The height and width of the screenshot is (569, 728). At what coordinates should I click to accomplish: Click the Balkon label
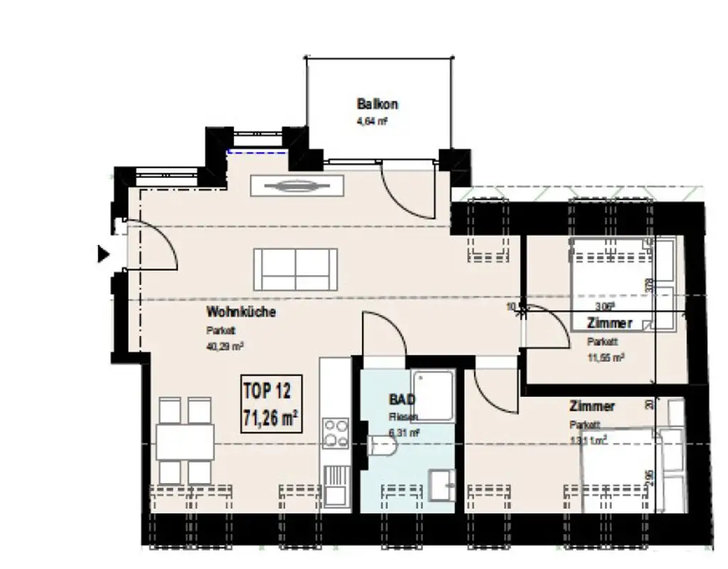pos(377,104)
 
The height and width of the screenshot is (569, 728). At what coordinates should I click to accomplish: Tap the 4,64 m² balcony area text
pos(371,121)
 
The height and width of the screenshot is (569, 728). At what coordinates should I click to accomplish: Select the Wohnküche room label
pos(241,312)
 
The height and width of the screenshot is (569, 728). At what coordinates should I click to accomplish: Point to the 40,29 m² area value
pos(225,347)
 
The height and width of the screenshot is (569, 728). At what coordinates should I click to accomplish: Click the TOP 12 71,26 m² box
pos(269,403)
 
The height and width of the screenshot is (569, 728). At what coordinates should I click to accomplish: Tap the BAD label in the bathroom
pos(402,400)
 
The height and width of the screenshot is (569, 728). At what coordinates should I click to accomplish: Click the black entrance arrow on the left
pos(104,253)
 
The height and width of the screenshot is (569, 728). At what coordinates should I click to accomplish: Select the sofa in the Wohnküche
pos(296,269)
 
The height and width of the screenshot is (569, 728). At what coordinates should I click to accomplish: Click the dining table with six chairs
pos(185,440)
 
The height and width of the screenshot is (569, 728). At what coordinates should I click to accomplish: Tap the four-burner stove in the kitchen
pos(336,433)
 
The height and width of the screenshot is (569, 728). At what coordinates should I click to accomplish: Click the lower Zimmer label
pos(591,407)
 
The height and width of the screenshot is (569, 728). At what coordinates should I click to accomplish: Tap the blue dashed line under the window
pos(257,151)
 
